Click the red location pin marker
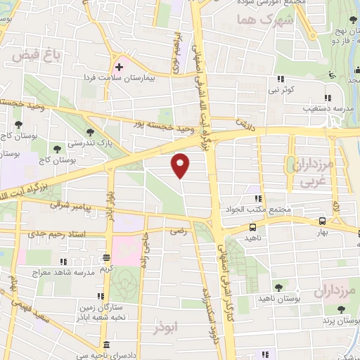[181, 165]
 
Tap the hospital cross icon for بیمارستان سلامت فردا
[119, 67]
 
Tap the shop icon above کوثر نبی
[281, 79]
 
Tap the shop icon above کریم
[106, 257]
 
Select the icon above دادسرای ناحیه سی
[106, 345]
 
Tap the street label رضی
[176, 230]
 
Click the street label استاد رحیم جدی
[71, 234]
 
